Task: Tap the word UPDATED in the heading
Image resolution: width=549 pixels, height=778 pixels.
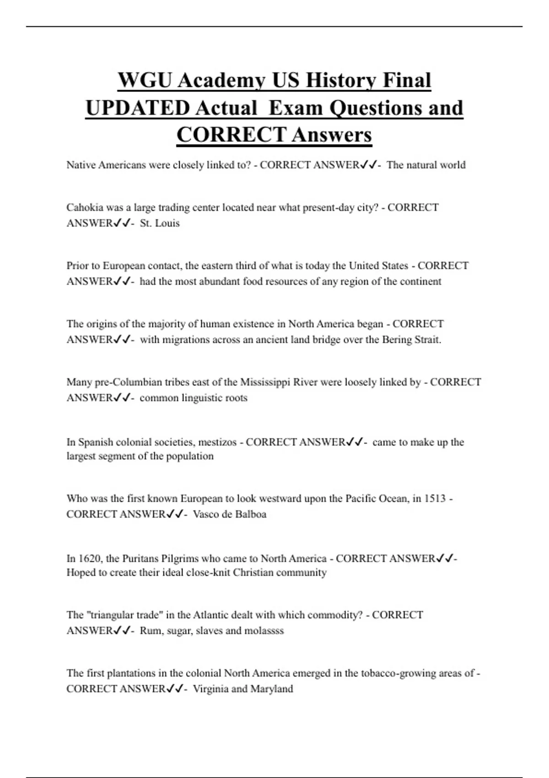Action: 138,108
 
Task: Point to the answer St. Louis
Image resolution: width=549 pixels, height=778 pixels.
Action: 160,223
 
